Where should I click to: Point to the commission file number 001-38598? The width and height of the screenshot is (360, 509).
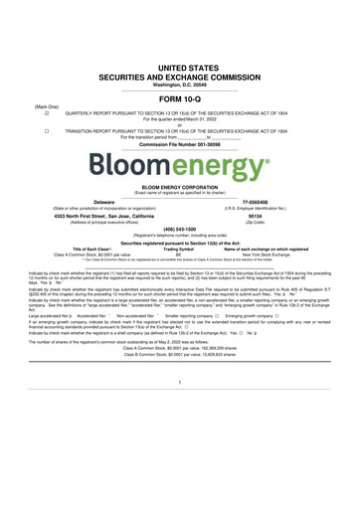coord(180,143)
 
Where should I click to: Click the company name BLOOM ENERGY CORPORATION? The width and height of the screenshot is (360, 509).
coord(180,186)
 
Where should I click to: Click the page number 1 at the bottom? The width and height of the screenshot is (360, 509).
coord(180,435)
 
